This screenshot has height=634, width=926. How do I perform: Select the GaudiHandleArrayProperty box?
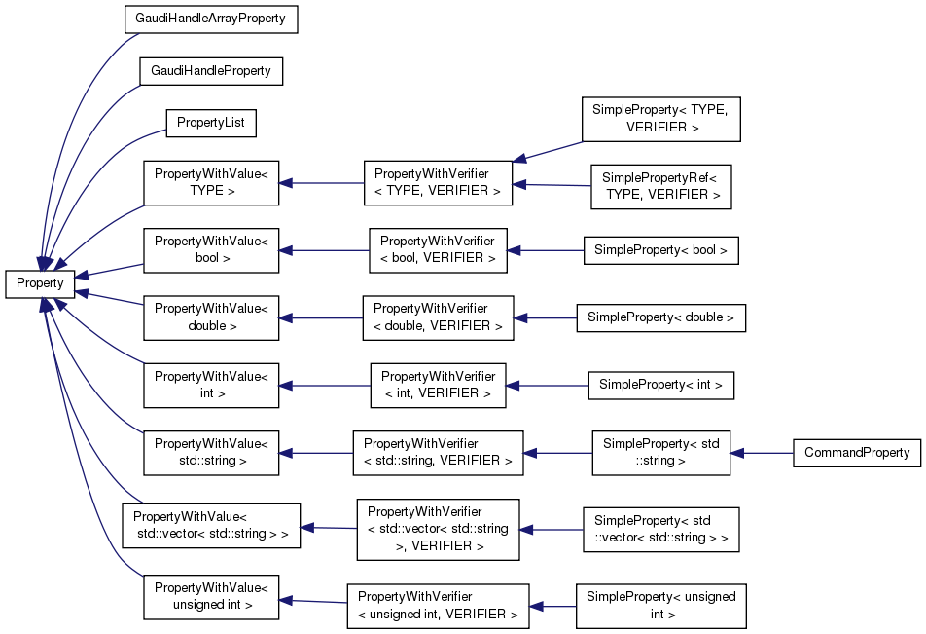pyautogui.click(x=210, y=19)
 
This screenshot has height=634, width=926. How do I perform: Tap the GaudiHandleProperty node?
pyautogui.click(x=210, y=72)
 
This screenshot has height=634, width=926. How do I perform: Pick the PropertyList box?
pyautogui.click(x=211, y=124)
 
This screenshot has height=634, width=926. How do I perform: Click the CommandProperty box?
pyautogui.click(x=857, y=453)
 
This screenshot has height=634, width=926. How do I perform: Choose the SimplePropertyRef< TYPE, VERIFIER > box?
pyautogui.click(x=660, y=186)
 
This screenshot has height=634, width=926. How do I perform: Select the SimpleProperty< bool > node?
pyautogui.click(x=660, y=250)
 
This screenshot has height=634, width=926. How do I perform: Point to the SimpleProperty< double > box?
pyautogui.click(x=660, y=317)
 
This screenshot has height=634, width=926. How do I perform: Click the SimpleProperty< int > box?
pyautogui.click(x=660, y=385)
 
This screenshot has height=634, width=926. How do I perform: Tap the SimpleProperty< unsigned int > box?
pyautogui.click(x=660, y=606)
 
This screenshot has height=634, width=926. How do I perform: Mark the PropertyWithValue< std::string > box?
pyautogui.click(x=211, y=453)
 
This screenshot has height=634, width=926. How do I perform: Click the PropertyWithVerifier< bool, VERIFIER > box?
pyautogui.click(x=437, y=249)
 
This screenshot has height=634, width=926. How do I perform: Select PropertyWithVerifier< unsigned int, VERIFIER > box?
pyautogui.click(x=437, y=606)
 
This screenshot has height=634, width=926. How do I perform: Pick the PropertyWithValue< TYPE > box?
pyautogui.click(x=211, y=183)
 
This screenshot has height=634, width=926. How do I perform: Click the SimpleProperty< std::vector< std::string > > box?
pyautogui.click(x=660, y=530)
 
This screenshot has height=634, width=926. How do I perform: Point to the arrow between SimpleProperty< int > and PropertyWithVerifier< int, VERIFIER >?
pyautogui.click(x=547, y=386)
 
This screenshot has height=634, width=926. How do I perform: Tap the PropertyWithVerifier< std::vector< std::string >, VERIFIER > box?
pyautogui.click(x=437, y=530)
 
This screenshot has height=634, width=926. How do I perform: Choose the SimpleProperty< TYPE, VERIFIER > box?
pyautogui.click(x=660, y=119)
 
